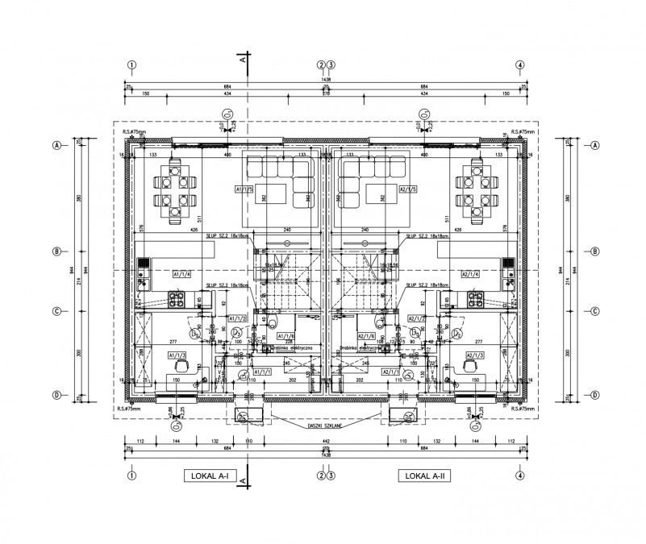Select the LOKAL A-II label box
point(423,476)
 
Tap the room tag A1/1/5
point(244,190)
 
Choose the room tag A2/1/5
point(407,190)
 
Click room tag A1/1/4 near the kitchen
point(181,274)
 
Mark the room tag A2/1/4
point(470,274)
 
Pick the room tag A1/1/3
point(177,355)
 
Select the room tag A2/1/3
point(474,355)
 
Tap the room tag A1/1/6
point(286,335)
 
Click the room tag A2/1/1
point(392,372)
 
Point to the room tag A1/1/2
point(237,319)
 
